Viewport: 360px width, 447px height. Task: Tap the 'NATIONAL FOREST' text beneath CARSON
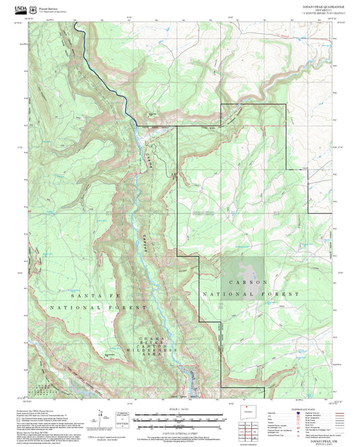coord(250,294)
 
